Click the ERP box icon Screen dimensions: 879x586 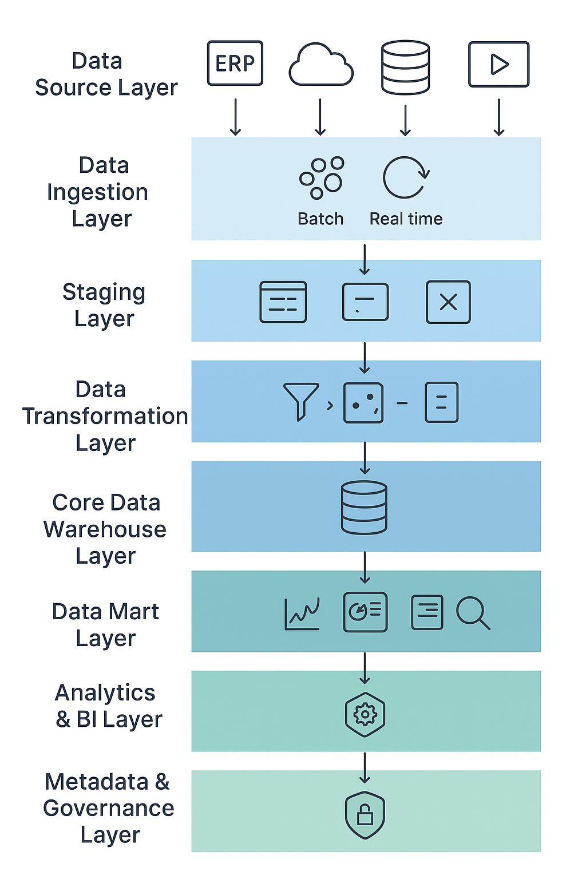235,63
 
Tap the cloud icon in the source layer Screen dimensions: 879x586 320,66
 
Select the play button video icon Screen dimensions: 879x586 498,64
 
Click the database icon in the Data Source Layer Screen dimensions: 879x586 405,67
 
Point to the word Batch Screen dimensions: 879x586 320,219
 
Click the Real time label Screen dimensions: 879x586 406,219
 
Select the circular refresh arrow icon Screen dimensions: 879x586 405,177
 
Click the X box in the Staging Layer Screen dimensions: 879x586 448,302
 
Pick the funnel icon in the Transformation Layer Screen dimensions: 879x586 300,401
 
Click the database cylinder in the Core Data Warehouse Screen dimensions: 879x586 364,508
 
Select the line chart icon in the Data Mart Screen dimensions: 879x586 302,614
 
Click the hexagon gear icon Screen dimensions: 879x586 365,714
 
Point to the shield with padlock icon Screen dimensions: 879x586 365,814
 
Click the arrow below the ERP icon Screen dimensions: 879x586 235,117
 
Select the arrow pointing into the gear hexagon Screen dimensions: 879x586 365,668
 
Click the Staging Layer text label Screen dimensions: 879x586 104,305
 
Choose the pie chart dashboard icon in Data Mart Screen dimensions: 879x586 365,612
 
